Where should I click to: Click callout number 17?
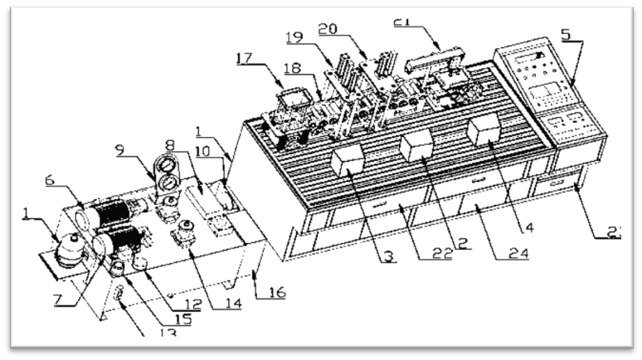[x=246, y=58]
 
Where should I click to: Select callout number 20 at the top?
[x=350, y=29]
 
